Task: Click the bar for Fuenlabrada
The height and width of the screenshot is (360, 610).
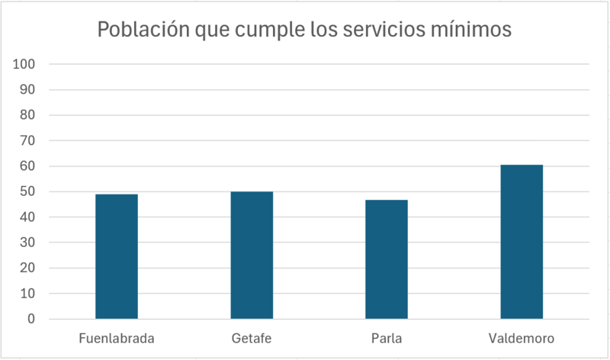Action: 116,256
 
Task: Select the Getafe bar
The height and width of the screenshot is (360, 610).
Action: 252,255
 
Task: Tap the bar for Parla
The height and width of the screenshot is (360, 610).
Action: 387,259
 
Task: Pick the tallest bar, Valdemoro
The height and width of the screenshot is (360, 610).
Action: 522,242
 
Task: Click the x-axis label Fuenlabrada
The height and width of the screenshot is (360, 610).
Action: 117,338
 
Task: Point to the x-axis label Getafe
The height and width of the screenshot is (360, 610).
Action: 252,338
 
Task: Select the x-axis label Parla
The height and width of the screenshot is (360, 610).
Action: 387,338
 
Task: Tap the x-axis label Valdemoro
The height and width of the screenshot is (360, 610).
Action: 522,338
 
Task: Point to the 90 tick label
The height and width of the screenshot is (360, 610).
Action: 27,90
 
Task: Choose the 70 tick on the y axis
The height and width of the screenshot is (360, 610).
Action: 27,140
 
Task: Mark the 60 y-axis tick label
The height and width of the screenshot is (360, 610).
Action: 27,166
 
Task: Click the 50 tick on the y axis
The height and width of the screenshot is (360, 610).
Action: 27,191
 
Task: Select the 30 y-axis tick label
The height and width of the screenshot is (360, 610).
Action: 27,243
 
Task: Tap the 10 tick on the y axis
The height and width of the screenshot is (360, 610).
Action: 27,294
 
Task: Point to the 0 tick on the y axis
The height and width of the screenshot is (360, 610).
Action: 31,319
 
